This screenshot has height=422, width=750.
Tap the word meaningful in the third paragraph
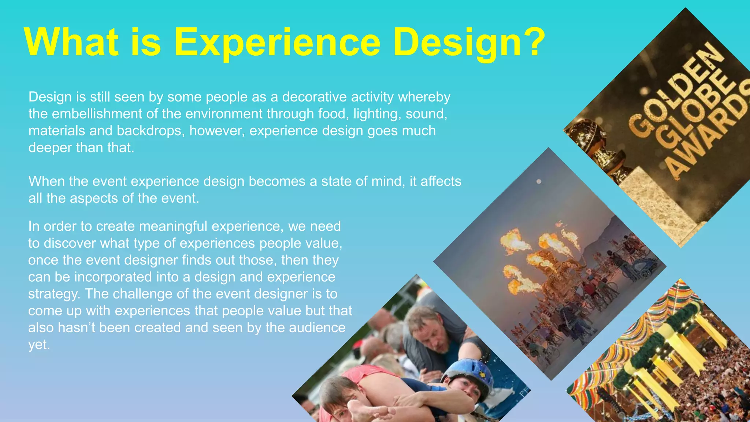[x=173, y=226]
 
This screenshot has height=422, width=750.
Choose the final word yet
[x=38, y=345]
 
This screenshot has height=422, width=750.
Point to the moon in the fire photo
[x=539, y=182]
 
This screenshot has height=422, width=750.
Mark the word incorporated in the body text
[x=112, y=277]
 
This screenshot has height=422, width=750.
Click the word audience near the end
[x=317, y=327]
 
